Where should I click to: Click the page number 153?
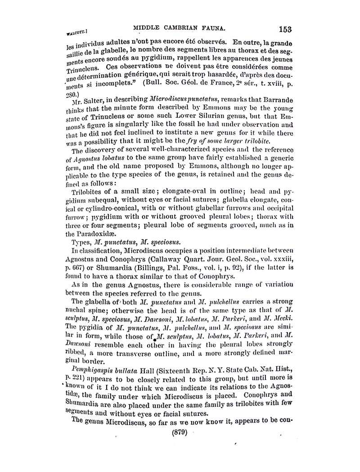coord(286,29)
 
